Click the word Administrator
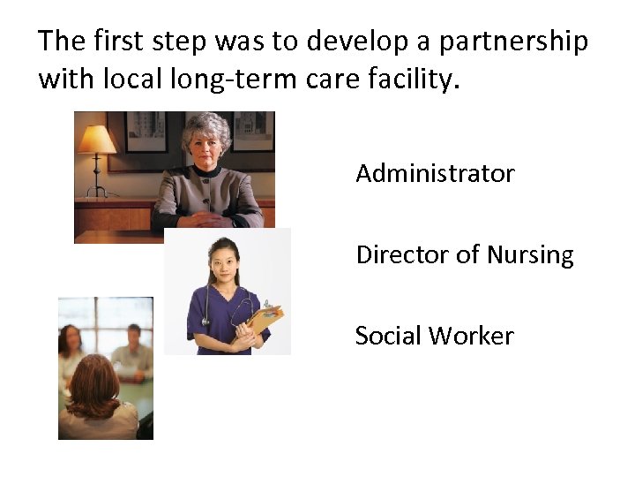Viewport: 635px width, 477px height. (x=435, y=174)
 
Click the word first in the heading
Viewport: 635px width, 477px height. (x=119, y=41)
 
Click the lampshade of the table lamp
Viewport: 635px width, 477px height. (x=96, y=140)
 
